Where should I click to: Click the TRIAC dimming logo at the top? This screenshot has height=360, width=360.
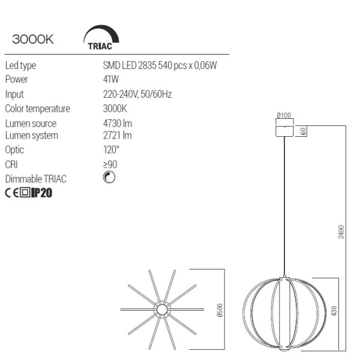101,38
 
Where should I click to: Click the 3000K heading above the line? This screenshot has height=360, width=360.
33,39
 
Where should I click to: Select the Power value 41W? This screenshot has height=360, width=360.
111,79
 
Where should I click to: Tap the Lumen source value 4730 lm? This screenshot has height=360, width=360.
118,124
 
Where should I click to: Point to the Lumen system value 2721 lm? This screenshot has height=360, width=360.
118,135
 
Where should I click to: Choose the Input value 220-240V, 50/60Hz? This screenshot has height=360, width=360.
137,94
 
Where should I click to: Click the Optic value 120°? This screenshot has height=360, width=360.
111,149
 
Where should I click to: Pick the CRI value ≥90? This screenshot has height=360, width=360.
110,164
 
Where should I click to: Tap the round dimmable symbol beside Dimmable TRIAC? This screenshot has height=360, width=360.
109,177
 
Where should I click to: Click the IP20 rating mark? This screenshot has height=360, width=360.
41,193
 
